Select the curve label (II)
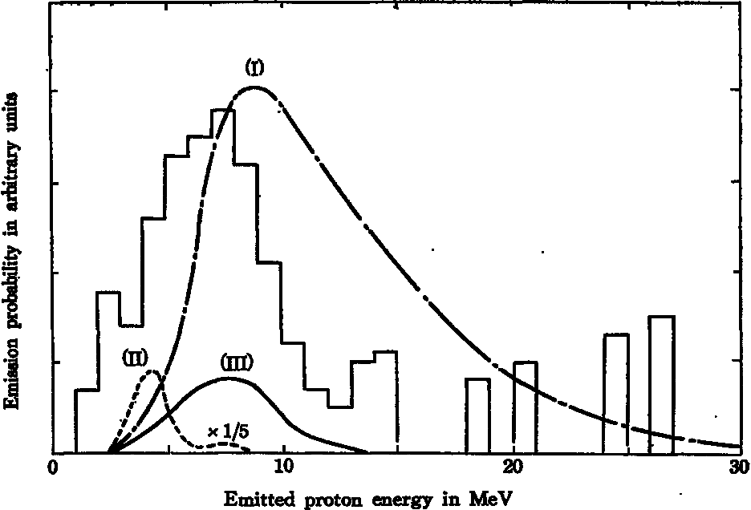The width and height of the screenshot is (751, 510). tap(134, 356)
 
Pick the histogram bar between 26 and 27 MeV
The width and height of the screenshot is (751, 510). tap(661, 384)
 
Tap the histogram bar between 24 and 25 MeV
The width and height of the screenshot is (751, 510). tap(615, 393)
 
